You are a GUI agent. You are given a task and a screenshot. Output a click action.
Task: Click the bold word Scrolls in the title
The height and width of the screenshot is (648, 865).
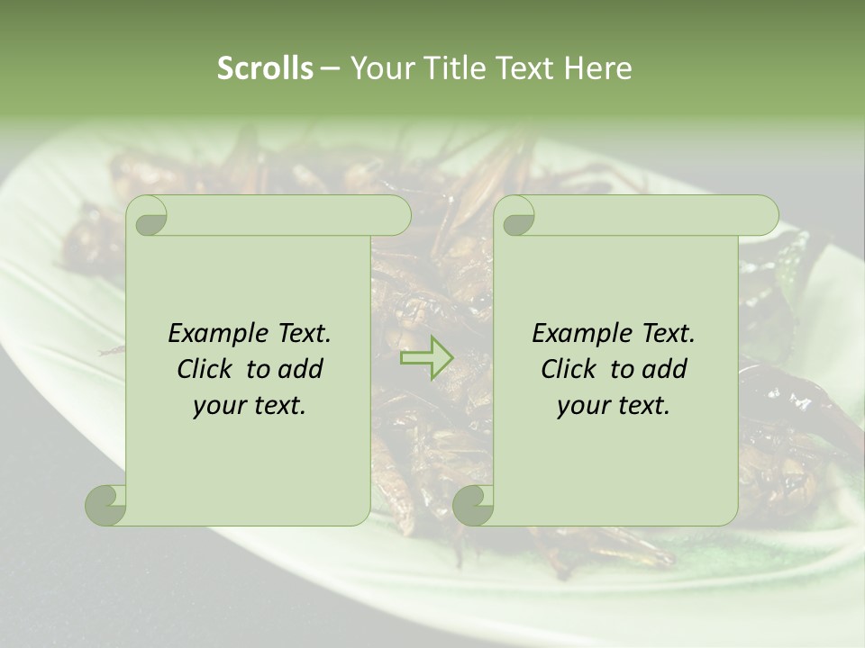(x=265, y=68)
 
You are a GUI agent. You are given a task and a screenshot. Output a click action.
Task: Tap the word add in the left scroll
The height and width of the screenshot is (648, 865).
(x=300, y=369)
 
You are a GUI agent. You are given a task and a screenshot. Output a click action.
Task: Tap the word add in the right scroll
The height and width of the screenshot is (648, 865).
(x=664, y=369)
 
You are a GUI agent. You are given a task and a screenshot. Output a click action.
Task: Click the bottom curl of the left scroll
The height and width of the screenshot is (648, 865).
(x=106, y=505)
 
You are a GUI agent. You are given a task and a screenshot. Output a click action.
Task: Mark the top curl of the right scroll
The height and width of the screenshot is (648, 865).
(x=516, y=216)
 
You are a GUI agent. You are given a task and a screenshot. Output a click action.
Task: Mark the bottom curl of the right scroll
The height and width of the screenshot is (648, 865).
(x=473, y=505)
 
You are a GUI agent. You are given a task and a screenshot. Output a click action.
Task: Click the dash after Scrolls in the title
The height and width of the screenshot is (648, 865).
(x=331, y=68)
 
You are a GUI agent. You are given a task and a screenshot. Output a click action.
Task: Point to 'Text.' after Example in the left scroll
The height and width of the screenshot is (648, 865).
(x=302, y=333)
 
